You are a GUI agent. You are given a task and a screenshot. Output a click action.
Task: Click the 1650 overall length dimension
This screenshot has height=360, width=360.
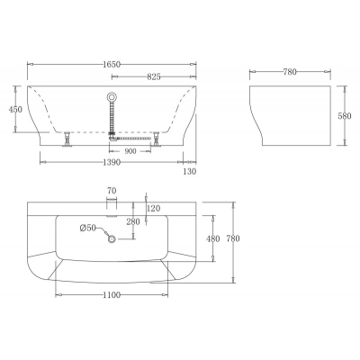tap(112, 64)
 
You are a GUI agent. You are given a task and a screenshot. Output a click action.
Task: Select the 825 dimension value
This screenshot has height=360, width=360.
tap(154, 77)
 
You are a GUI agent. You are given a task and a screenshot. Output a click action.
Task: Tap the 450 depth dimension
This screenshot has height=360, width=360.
tap(15, 110)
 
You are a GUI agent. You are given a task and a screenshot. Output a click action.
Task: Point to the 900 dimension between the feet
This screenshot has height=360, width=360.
tap(130, 151)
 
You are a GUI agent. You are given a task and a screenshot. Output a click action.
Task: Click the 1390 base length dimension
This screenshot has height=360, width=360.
tap(112, 162)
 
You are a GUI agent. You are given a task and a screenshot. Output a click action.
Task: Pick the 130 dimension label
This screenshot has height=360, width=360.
tap(190, 171)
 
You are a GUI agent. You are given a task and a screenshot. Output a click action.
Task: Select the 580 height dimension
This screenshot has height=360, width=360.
tap(345, 116)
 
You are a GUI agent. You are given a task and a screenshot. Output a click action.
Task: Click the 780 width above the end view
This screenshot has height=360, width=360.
tap(290, 72)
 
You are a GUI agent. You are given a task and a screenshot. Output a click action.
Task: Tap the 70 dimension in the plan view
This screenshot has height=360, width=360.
tap(112, 191)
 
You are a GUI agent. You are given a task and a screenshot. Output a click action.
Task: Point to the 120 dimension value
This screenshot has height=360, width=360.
tap(154, 208)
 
